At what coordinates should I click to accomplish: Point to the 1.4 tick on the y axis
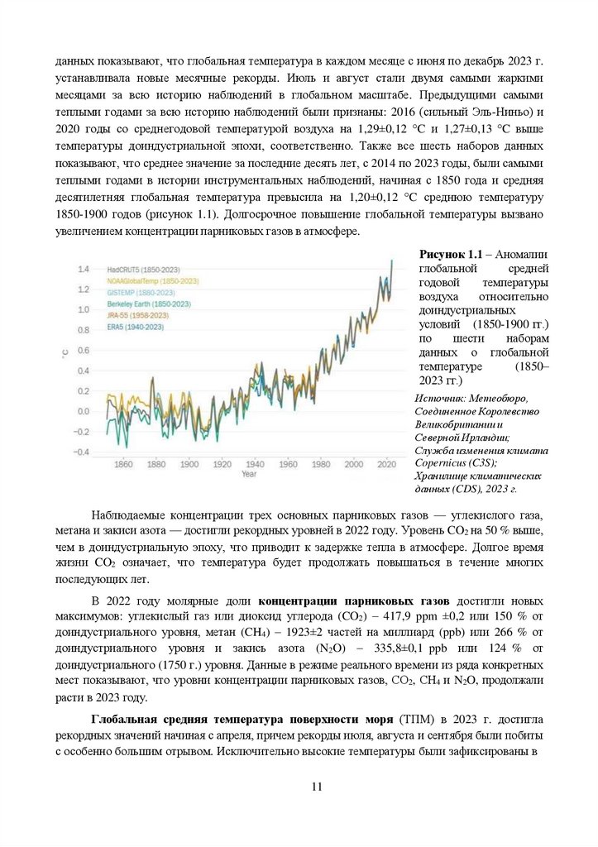coord(83,270)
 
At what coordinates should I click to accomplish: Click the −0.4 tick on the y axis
coord(81,452)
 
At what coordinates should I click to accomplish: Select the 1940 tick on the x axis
coord(255,464)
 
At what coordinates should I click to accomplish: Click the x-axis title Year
coord(249,475)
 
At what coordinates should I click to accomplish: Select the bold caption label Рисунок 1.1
coord(450,252)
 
